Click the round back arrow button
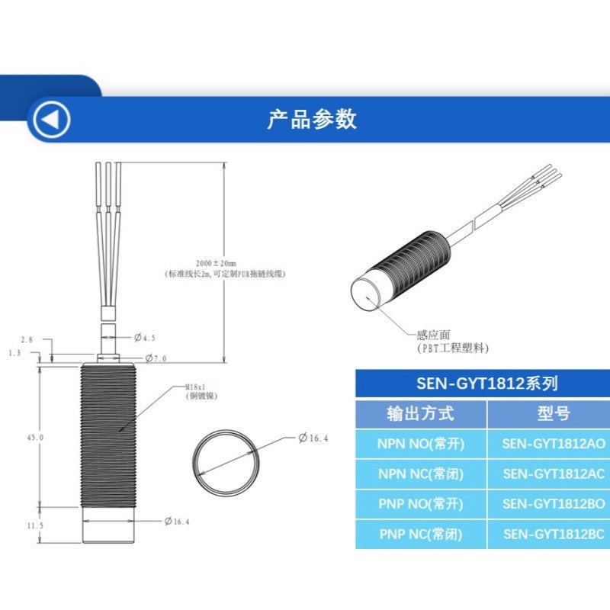50,120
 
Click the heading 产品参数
312,119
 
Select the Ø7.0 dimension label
156,358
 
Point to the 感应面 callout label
433,334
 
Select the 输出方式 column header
420,414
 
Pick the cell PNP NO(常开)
421,503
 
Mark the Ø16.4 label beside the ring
313,438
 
